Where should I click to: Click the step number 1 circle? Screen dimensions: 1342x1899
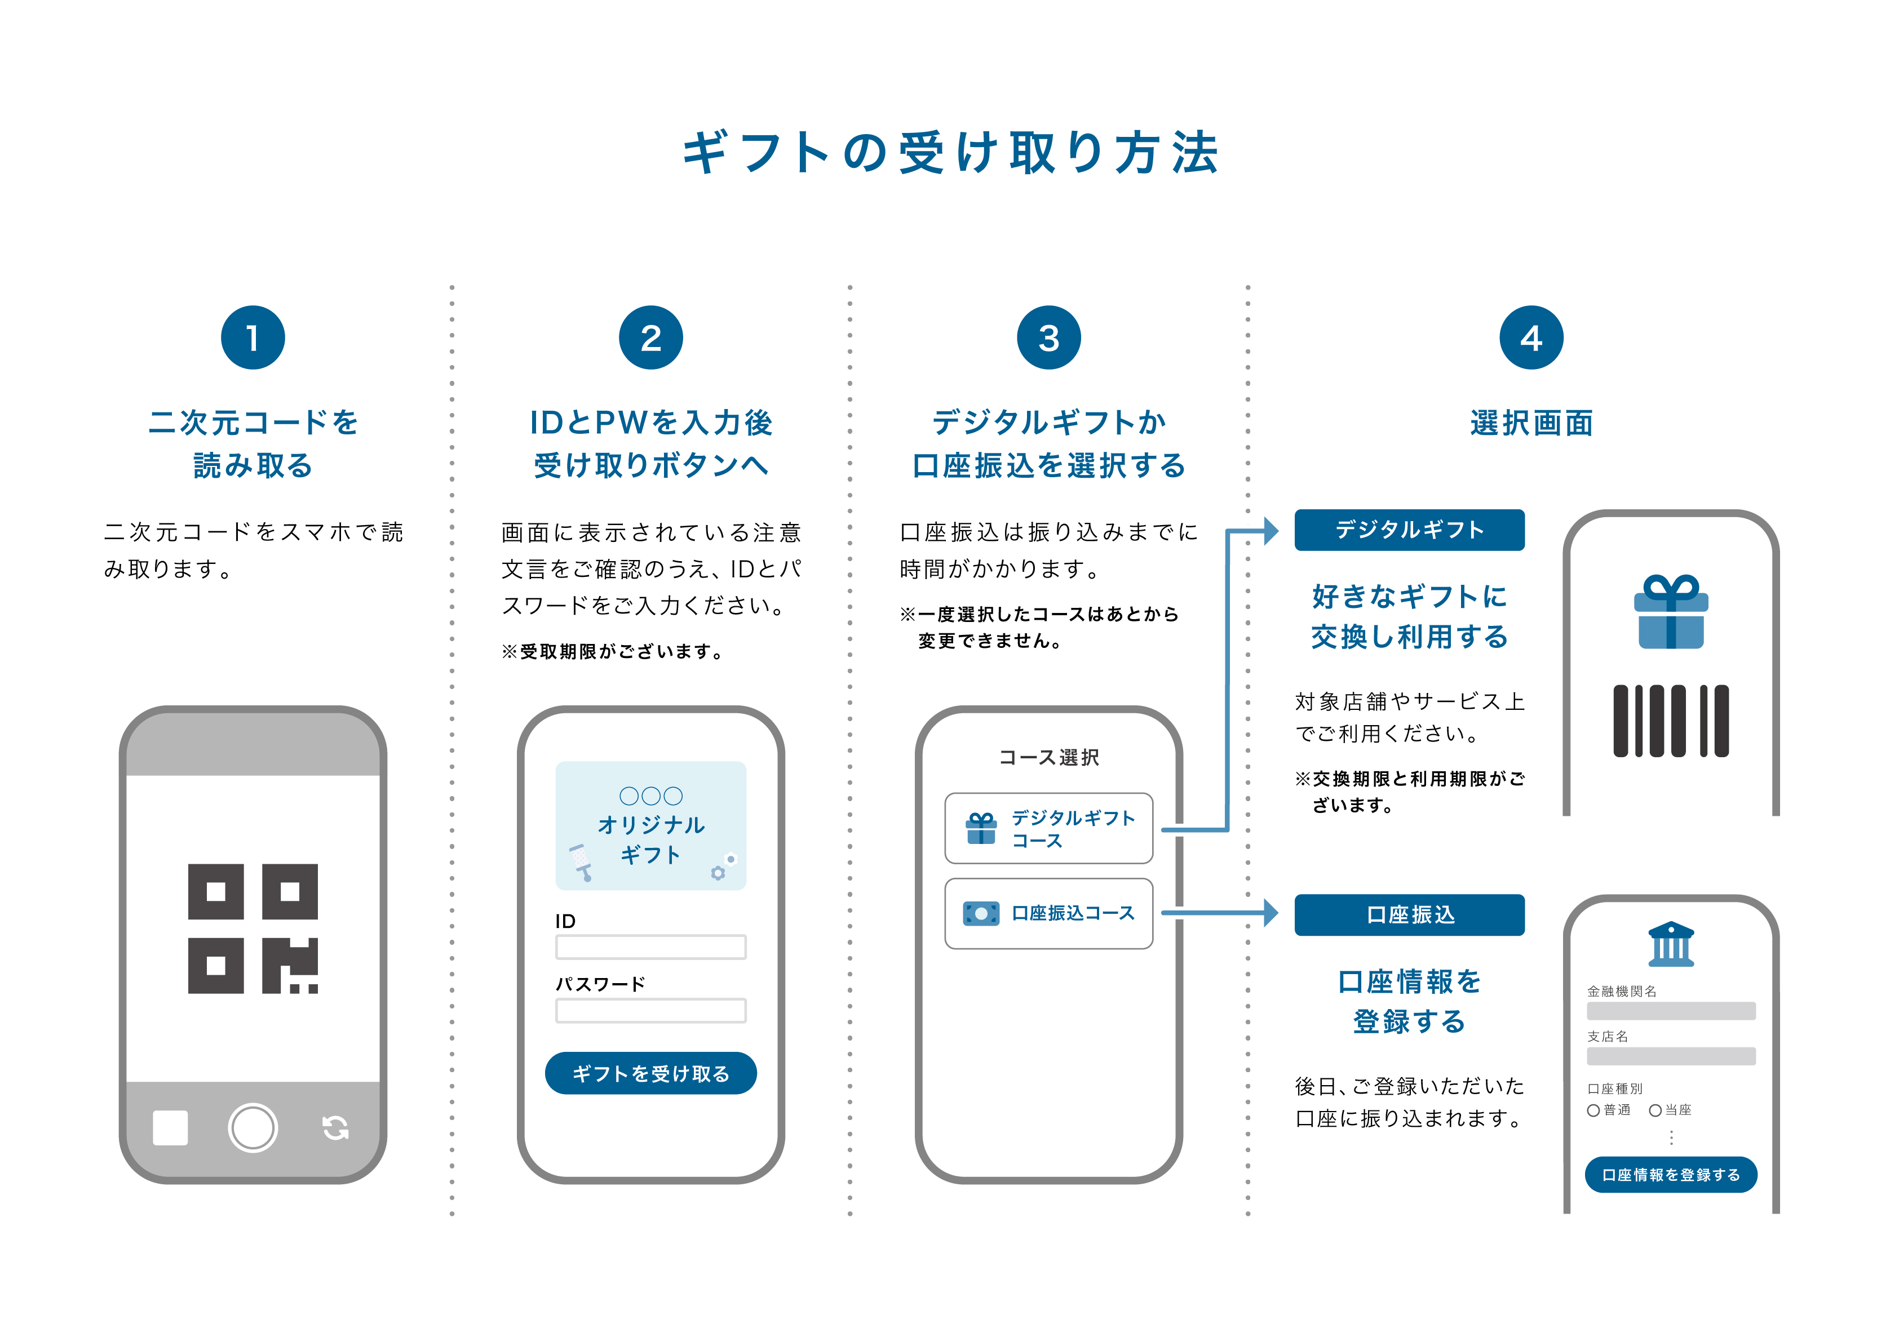point(253,337)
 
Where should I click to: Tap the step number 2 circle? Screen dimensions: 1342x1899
point(651,337)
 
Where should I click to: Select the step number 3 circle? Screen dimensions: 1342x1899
point(1049,337)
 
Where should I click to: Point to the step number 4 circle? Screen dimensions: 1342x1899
point(1531,337)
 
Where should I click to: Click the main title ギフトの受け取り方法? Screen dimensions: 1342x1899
point(949,153)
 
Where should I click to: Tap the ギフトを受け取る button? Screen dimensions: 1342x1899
point(651,1073)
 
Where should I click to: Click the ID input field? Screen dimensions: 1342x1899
point(651,946)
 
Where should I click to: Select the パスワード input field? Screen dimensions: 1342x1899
point(651,1010)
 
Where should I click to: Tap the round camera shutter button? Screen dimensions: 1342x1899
point(253,1127)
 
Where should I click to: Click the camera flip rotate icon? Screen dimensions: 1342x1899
point(335,1127)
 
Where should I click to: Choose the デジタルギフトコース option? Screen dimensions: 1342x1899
point(1049,829)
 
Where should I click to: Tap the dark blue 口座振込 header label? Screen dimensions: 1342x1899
point(1409,914)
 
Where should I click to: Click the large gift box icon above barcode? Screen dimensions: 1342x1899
point(1671,612)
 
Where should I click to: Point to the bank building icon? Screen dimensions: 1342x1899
point(1671,944)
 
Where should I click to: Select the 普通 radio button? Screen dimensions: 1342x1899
point(1593,1110)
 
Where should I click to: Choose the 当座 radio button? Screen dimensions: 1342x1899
point(1655,1110)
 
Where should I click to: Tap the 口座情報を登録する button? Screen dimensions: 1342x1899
point(1671,1174)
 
